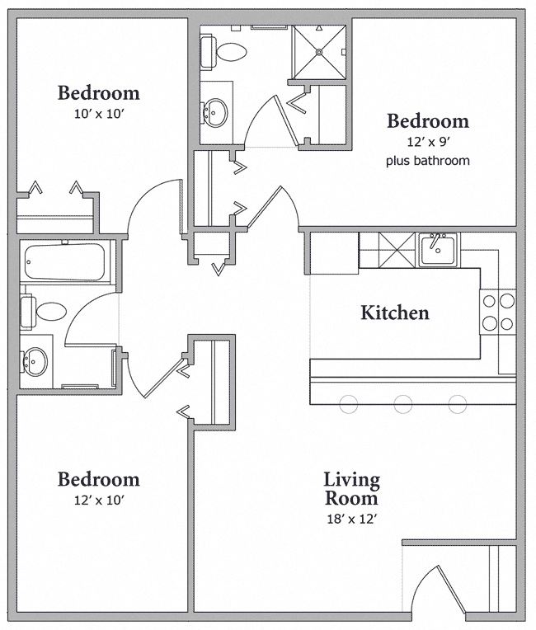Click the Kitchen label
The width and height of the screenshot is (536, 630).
tap(394, 313)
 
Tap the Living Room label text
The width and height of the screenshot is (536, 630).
tap(351, 489)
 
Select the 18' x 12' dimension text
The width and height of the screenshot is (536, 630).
tap(351, 519)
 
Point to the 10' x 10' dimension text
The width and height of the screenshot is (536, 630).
tap(98, 114)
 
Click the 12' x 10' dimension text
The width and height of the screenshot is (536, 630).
tap(98, 500)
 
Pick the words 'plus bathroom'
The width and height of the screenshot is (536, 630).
tap(428, 161)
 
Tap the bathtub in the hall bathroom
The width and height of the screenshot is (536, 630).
tap(63, 261)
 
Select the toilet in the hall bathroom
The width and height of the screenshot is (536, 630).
tap(48, 311)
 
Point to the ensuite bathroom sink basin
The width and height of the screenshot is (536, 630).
tap(217, 111)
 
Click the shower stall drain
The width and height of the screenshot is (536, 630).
tap(317, 50)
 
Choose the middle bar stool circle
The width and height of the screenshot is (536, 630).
tap(402, 404)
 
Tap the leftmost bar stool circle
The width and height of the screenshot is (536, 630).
tap(348, 404)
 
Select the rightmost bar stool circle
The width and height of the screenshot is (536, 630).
tap(458, 404)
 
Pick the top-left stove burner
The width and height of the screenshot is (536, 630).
tap(489, 302)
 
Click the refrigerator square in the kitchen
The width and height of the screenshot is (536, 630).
tap(335, 252)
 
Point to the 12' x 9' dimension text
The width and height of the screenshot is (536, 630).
tap(428, 142)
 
